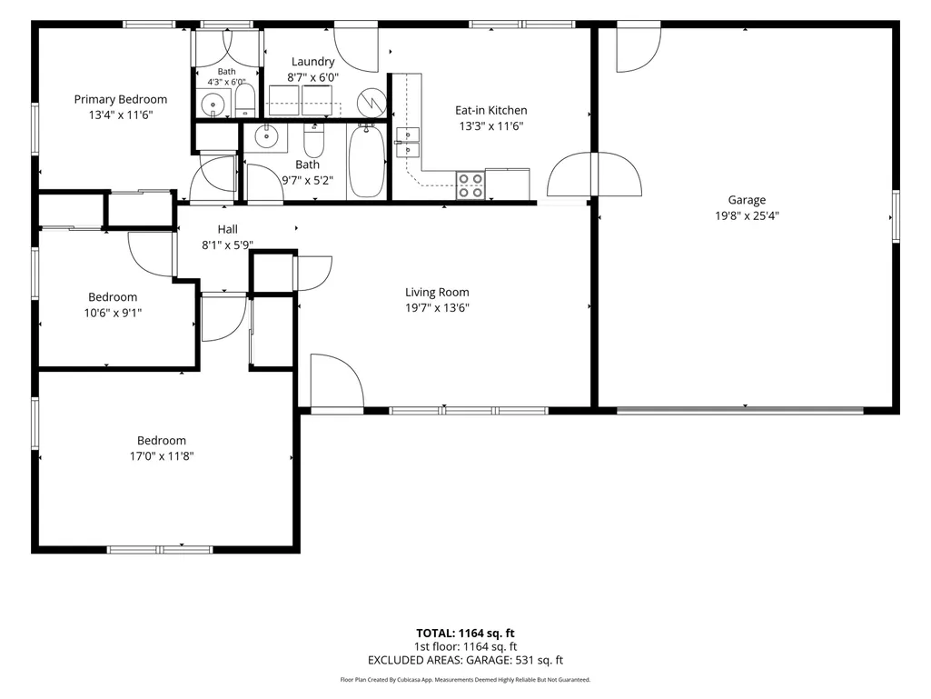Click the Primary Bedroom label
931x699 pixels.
[121, 99]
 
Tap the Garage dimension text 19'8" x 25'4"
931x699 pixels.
[747, 215]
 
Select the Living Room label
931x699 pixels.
[437, 292]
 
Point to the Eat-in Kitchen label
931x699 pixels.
[491, 110]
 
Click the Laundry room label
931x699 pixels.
[312, 61]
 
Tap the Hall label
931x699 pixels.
[227, 229]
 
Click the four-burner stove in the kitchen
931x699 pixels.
[470, 185]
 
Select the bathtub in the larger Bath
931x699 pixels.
[366, 161]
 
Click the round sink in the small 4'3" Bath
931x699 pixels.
[213, 105]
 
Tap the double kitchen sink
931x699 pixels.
[409, 142]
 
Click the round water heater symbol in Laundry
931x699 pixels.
[371, 102]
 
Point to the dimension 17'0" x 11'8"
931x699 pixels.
[162, 456]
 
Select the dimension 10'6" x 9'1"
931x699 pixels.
[113, 313]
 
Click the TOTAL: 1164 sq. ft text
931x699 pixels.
[465, 633]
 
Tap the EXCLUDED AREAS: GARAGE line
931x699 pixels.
[465, 660]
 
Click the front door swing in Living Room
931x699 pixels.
[337, 381]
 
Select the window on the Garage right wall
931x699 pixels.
[896, 215]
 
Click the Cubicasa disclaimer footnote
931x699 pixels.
[465, 679]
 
